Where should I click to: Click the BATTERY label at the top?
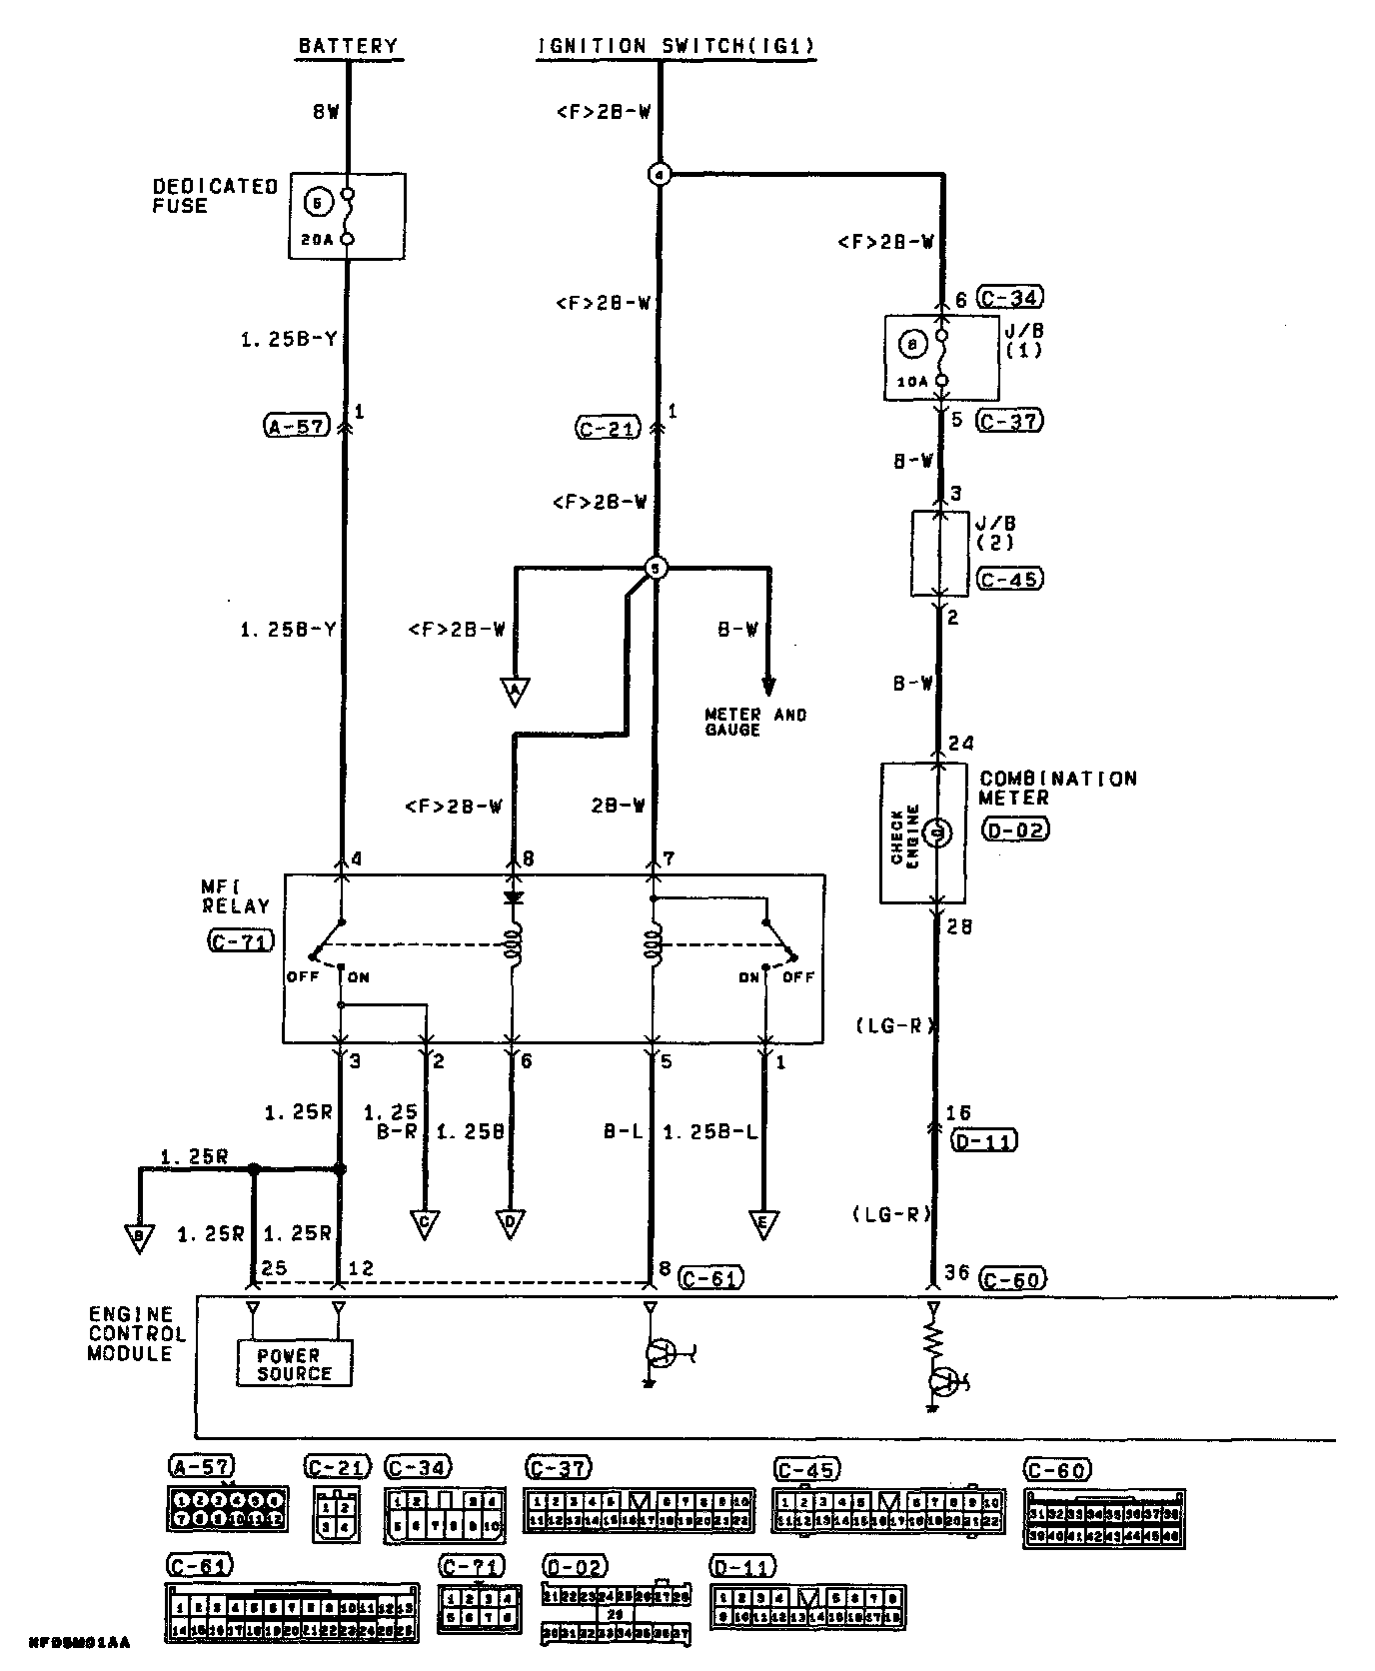348,46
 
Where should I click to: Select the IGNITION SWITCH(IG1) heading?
676,46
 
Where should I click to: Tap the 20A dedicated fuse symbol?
347,216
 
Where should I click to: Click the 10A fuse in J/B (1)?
940,358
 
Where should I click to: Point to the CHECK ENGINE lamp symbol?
936,832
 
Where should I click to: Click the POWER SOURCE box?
295,1364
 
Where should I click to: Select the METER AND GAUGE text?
755,722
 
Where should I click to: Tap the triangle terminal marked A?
515,691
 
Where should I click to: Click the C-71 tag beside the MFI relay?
240,940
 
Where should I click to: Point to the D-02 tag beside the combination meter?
1014,830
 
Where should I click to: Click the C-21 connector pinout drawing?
337,1513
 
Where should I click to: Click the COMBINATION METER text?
1057,788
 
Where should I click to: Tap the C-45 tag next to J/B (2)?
1009,580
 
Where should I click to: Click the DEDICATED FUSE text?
214,196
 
